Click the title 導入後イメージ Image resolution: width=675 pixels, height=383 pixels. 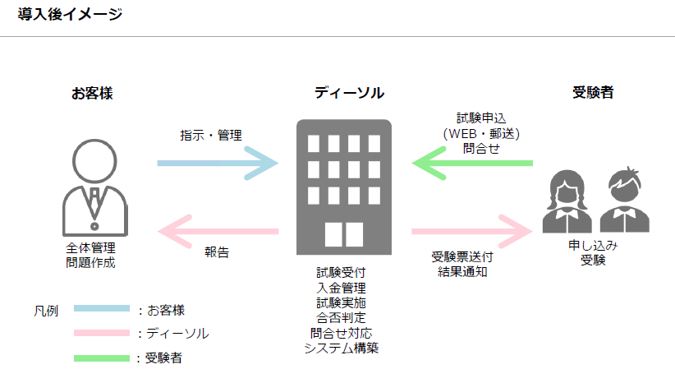(70, 14)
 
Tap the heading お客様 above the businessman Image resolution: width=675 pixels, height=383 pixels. (92, 93)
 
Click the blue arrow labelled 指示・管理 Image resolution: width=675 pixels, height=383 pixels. (217, 164)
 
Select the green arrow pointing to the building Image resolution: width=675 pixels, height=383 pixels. (471, 164)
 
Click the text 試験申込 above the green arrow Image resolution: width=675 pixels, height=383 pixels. (481, 118)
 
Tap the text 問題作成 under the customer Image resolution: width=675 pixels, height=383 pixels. (91, 262)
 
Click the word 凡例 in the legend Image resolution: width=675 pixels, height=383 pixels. (46, 311)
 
